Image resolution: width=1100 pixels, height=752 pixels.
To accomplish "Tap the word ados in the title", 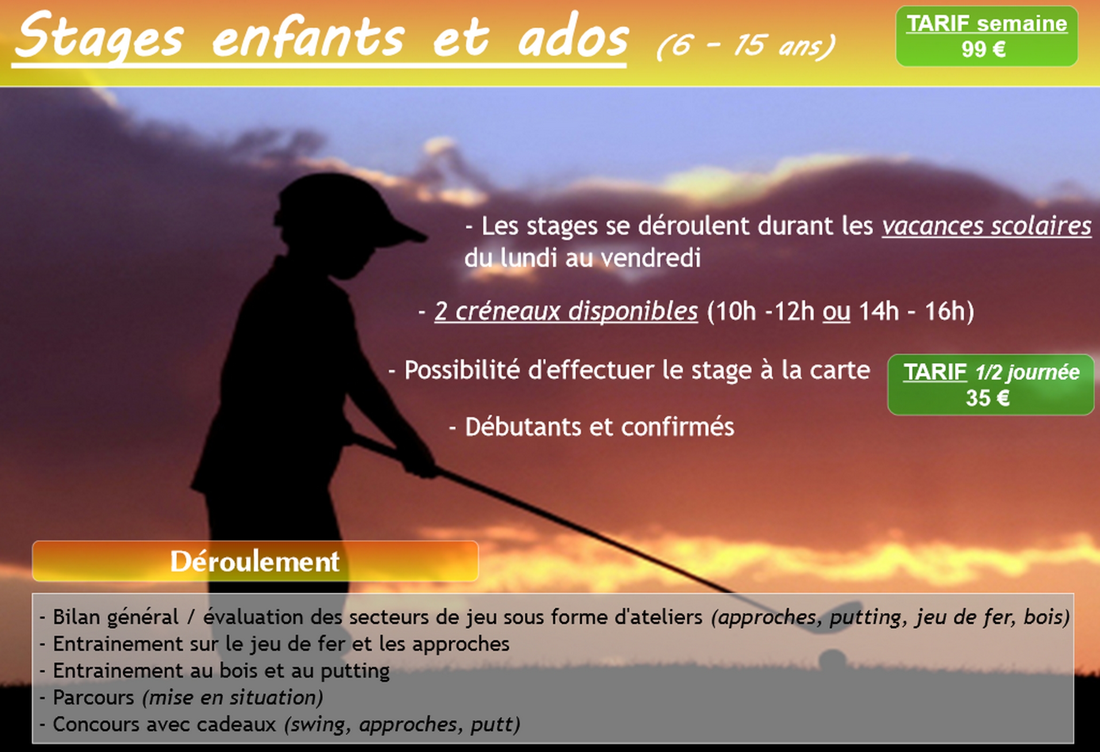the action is pyautogui.click(x=573, y=37).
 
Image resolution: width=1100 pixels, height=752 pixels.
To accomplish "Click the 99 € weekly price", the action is pyautogui.click(x=983, y=49).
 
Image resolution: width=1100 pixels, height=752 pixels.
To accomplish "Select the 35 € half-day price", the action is pyautogui.click(x=987, y=398).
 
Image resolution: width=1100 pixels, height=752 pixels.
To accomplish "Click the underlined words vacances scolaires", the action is pyautogui.click(x=986, y=226).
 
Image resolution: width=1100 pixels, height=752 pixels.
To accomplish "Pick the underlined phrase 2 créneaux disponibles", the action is pyautogui.click(x=566, y=311).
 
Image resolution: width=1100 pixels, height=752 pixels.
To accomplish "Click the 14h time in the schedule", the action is pyautogui.click(x=878, y=311).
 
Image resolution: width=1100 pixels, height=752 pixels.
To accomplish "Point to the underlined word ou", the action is pyautogui.click(x=836, y=312).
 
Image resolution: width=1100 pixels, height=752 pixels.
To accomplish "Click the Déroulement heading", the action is pyautogui.click(x=254, y=561).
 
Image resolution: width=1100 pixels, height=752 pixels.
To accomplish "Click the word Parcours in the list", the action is pyautogui.click(x=94, y=697).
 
